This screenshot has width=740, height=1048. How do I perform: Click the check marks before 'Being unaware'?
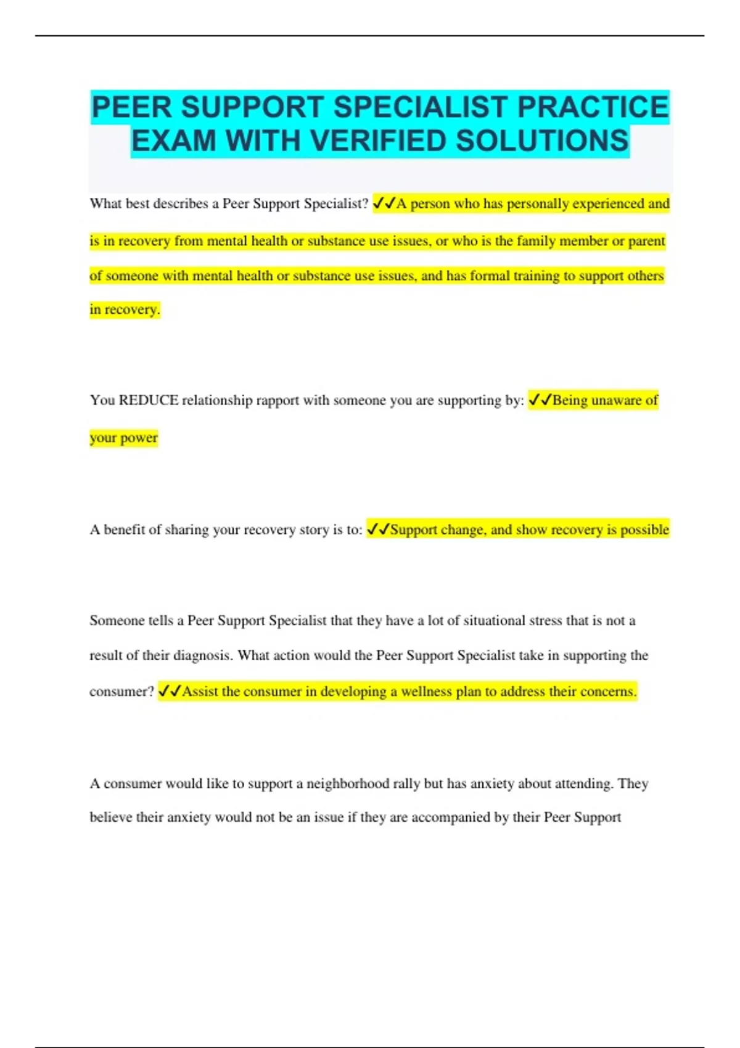click(540, 401)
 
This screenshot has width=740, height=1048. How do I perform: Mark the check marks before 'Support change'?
click(378, 530)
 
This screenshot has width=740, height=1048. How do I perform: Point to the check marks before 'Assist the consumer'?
click(170, 692)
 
